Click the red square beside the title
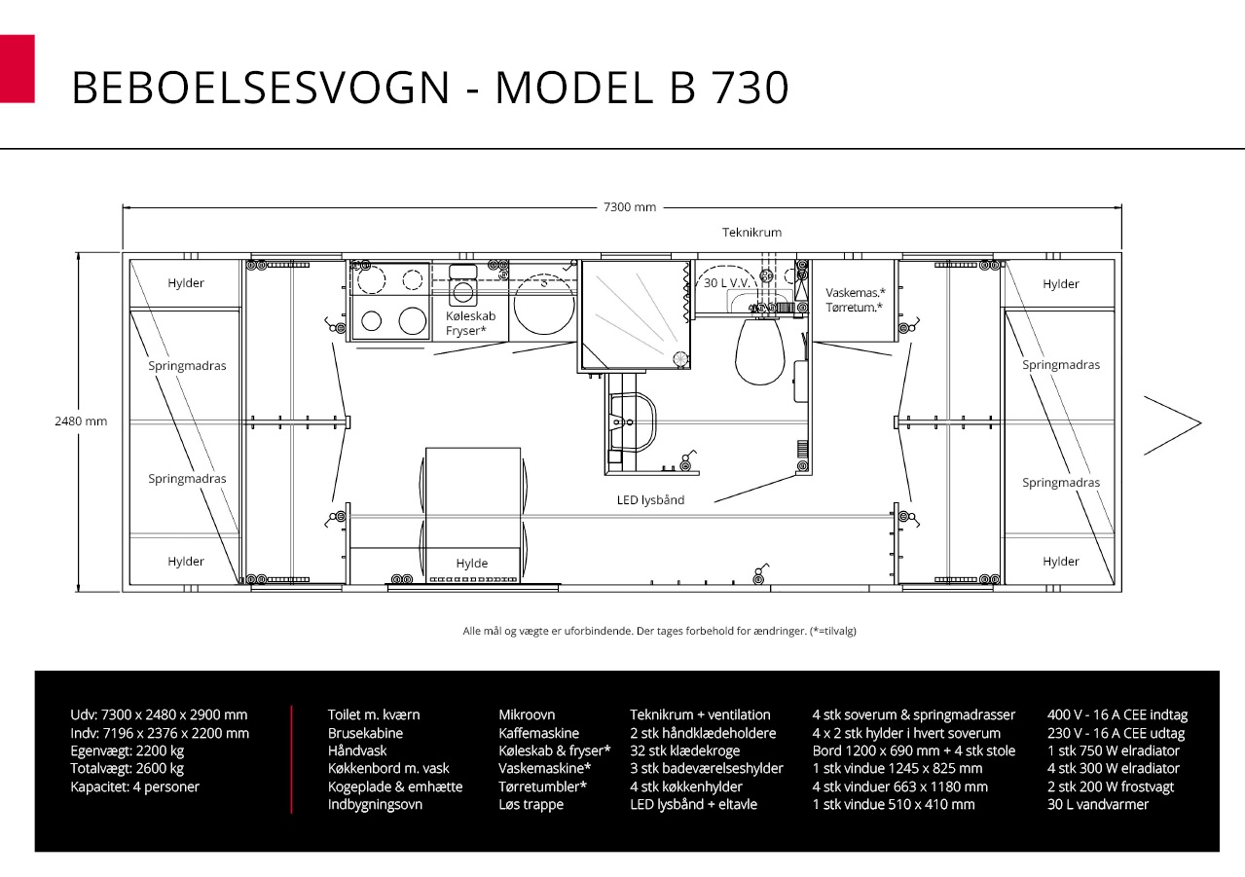(18, 69)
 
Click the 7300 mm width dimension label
(630, 207)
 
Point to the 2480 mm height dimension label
(81, 421)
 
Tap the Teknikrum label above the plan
(751, 233)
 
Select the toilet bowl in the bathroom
(759, 351)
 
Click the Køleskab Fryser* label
(470, 323)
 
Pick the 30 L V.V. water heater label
(727, 283)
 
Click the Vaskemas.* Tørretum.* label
(855, 300)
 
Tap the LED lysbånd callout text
(650, 500)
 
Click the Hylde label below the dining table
(472, 563)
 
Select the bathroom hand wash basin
(633, 422)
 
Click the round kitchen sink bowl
(544, 305)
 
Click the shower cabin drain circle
(680, 359)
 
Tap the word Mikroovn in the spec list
(527, 714)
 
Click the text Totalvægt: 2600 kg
(127, 769)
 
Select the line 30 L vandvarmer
(1098, 804)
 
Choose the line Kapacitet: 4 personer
(134, 786)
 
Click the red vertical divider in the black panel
(291, 760)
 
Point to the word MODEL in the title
(573, 88)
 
